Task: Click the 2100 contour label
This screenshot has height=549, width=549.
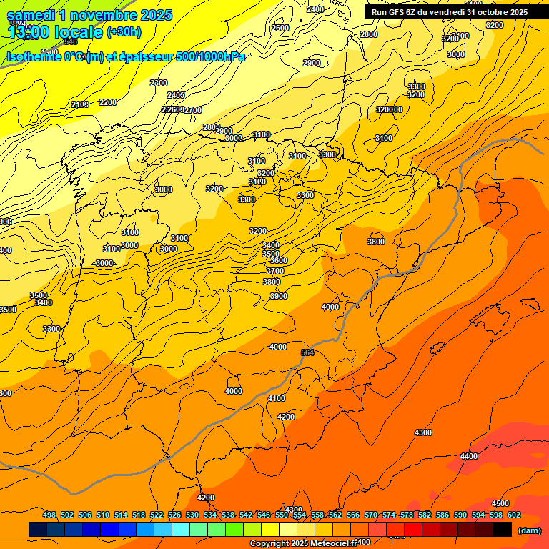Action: [x=80, y=105]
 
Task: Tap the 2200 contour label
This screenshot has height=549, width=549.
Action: [x=108, y=102]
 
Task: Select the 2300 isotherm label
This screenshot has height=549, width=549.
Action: [x=159, y=83]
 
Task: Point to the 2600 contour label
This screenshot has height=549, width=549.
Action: [x=280, y=28]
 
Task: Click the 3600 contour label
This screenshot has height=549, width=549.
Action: [x=279, y=260]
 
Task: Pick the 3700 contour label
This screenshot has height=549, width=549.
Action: [x=275, y=271]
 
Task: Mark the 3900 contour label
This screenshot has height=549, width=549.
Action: [x=279, y=296]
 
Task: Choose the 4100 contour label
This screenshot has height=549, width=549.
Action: [x=276, y=398]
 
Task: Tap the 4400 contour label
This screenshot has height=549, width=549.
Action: [x=469, y=456]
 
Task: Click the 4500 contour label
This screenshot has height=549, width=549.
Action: [x=500, y=504]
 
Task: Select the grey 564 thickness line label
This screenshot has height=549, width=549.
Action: [x=307, y=352]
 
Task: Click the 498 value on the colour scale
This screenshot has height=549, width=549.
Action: [x=49, y=515]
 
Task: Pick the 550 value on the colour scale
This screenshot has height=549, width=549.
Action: [x=281, y=515]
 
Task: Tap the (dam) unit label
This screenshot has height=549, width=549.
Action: [x=529, y=530]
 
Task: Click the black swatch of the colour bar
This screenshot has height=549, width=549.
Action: [x=503, y=530]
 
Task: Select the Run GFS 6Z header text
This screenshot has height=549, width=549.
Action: [x=449, y=11]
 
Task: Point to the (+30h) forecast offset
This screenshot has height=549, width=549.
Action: [x=124, y=32]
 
